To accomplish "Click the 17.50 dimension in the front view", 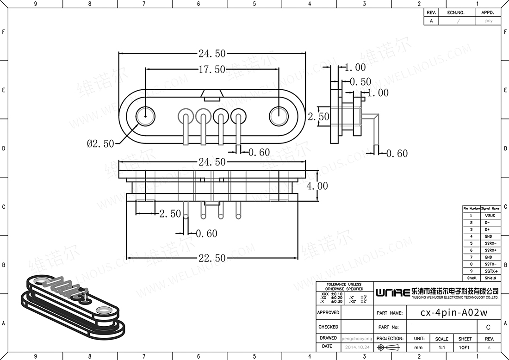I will (212, 69).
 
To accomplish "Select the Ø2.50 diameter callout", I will (100, 143).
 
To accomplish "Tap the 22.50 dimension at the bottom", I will (212, 258).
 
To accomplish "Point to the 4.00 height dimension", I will (317, 186).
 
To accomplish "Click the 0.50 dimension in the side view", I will (360, 82).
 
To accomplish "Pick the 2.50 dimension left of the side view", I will (318, 117).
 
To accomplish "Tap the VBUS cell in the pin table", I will (490, 216).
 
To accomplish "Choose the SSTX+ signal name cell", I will (490, 271).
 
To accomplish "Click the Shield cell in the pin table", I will (490, 278).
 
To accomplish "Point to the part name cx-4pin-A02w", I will (453, 313).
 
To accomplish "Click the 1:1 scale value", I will (441, 347).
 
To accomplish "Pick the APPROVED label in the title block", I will (329, 313).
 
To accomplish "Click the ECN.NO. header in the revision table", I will (455, 13).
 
